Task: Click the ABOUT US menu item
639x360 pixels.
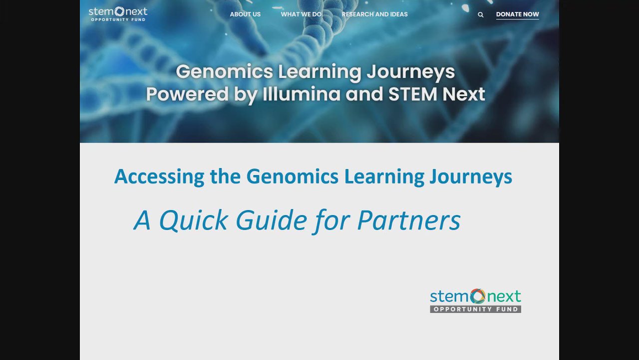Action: coord(245,14)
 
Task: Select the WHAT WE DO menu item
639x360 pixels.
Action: coord(301,14)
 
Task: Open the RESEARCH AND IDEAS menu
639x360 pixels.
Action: coord(374,14)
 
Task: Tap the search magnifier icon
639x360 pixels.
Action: coord(480,14)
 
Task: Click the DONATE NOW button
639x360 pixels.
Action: coord(518,14)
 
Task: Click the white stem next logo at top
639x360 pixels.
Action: coord(118,14)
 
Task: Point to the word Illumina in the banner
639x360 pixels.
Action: coord(301,94)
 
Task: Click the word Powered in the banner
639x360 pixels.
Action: coord(187,94)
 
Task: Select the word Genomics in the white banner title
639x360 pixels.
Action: coord(224,71)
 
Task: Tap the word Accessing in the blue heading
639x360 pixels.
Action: coord(159,176)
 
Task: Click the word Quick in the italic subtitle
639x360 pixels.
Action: coord(193,220)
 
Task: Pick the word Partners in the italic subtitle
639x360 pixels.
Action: coord(409,220)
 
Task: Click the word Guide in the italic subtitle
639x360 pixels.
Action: coord(271,220)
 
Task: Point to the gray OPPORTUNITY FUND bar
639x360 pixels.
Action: coord(476,309)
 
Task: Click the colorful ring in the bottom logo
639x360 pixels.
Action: coord(478,296)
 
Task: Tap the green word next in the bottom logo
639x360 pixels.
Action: coord(504,296)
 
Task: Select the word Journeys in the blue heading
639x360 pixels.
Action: coord(471,177)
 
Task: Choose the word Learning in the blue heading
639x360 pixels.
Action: coord(384,177)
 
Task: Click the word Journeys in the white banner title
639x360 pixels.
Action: coord(411,72)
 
